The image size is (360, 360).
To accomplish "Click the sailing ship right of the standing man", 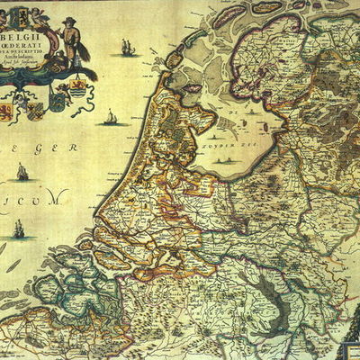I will [128, 47].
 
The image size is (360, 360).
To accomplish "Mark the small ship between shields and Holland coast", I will [111, 117].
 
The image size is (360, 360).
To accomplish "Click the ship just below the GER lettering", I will [22, 170].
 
